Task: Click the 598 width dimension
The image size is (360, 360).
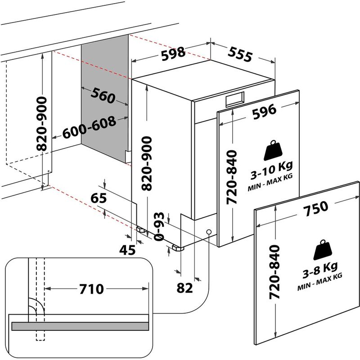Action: coord(173,53)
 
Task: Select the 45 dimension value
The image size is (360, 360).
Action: coord(127,250)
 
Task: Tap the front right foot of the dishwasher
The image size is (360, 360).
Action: coord(176,248)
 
